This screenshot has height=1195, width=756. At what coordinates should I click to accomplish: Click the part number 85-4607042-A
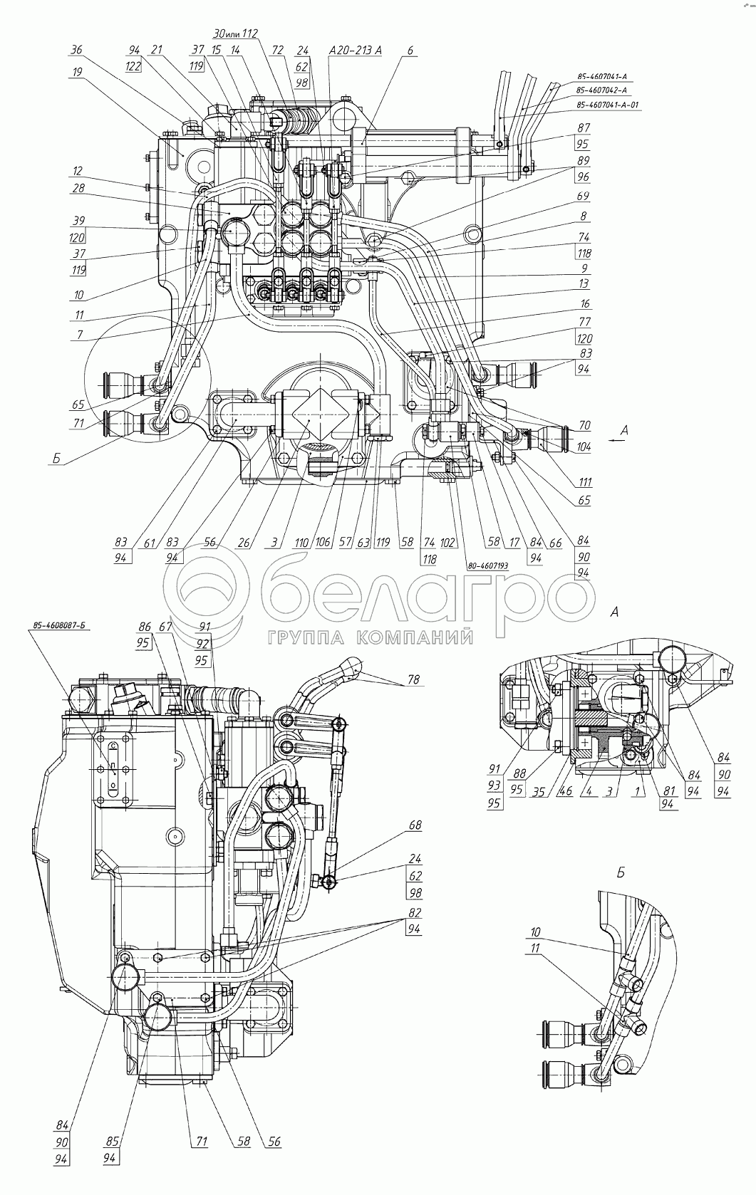click(602, 90)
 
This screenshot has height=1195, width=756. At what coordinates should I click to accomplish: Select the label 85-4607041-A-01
click(608, 105)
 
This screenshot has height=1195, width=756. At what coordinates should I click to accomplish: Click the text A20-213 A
click(356, 51)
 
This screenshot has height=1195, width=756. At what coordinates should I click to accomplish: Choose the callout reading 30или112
click(235, 33)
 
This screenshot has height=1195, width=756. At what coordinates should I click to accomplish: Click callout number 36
click(78, 50)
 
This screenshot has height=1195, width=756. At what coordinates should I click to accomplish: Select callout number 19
click(77, 71)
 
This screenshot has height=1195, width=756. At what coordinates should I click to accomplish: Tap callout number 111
click(585, 482)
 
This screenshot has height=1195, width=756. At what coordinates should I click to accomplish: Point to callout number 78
click(413, 679)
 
